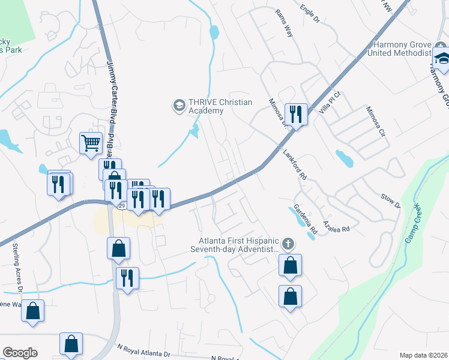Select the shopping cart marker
tap(91, 143)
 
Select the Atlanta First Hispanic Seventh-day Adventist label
tap(235, 244)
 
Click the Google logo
tap(20, 353)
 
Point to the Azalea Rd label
tap(335, 225)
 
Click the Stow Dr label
tap(390, 201)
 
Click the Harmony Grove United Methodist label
tap(401, 49)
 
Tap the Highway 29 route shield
tap(122, 206)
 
